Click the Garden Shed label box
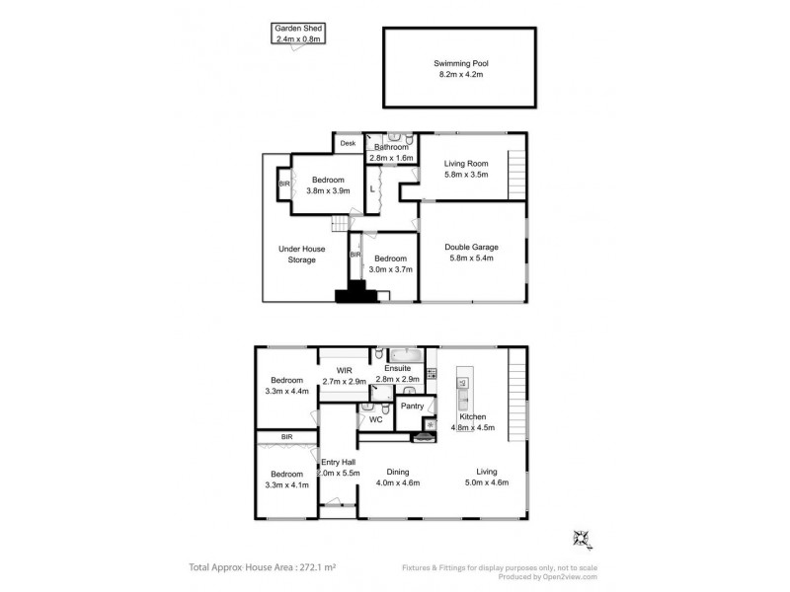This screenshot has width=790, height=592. [298, 34]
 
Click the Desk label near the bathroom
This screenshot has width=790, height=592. [348, 144]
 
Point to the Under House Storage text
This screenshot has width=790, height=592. [302, 255]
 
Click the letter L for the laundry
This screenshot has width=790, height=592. [372, 187]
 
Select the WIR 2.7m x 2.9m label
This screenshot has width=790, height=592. [344, 376]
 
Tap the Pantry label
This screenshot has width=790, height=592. [412, 406]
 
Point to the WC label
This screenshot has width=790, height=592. [375, 419]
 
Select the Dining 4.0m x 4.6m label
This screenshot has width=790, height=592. [399, 478]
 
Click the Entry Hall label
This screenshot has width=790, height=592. [338, 468]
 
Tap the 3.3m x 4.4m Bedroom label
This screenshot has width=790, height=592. [287, 386]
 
